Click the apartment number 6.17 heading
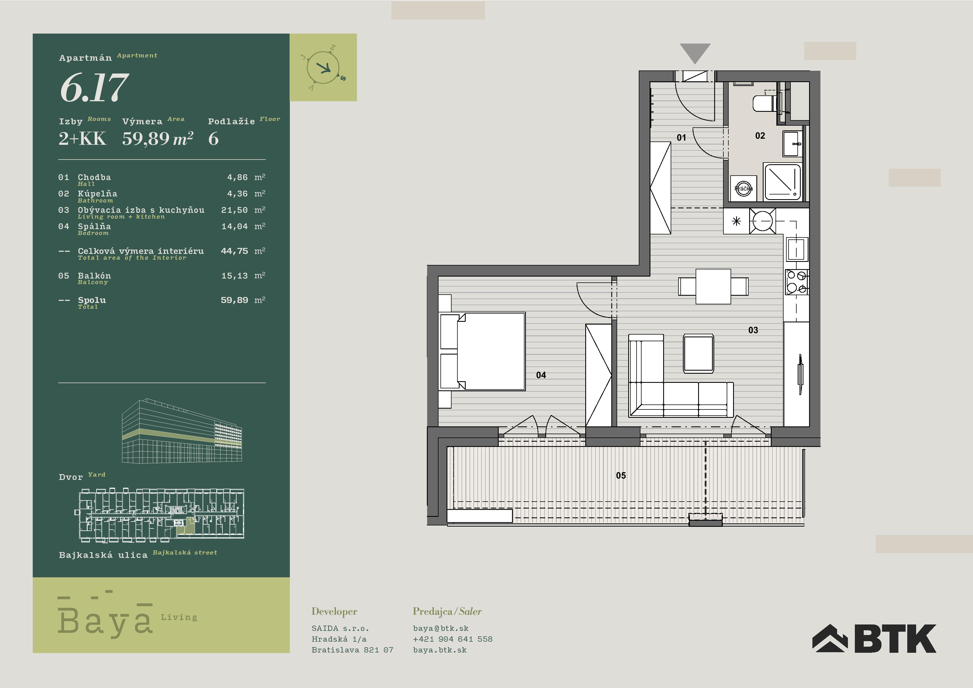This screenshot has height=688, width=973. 94,87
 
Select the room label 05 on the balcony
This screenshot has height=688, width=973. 621,475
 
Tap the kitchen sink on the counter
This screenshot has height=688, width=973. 796,249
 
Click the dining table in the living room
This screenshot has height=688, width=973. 713,287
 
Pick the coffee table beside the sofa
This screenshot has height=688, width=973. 698,353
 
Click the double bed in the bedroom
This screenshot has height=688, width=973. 483,351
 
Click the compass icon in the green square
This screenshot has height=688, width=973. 323,68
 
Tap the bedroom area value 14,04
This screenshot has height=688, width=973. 234,226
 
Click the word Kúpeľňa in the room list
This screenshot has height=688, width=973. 97,194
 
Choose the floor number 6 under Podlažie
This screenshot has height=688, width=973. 214,139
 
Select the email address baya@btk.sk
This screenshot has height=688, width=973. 441,628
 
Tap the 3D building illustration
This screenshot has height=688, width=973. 182,431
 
